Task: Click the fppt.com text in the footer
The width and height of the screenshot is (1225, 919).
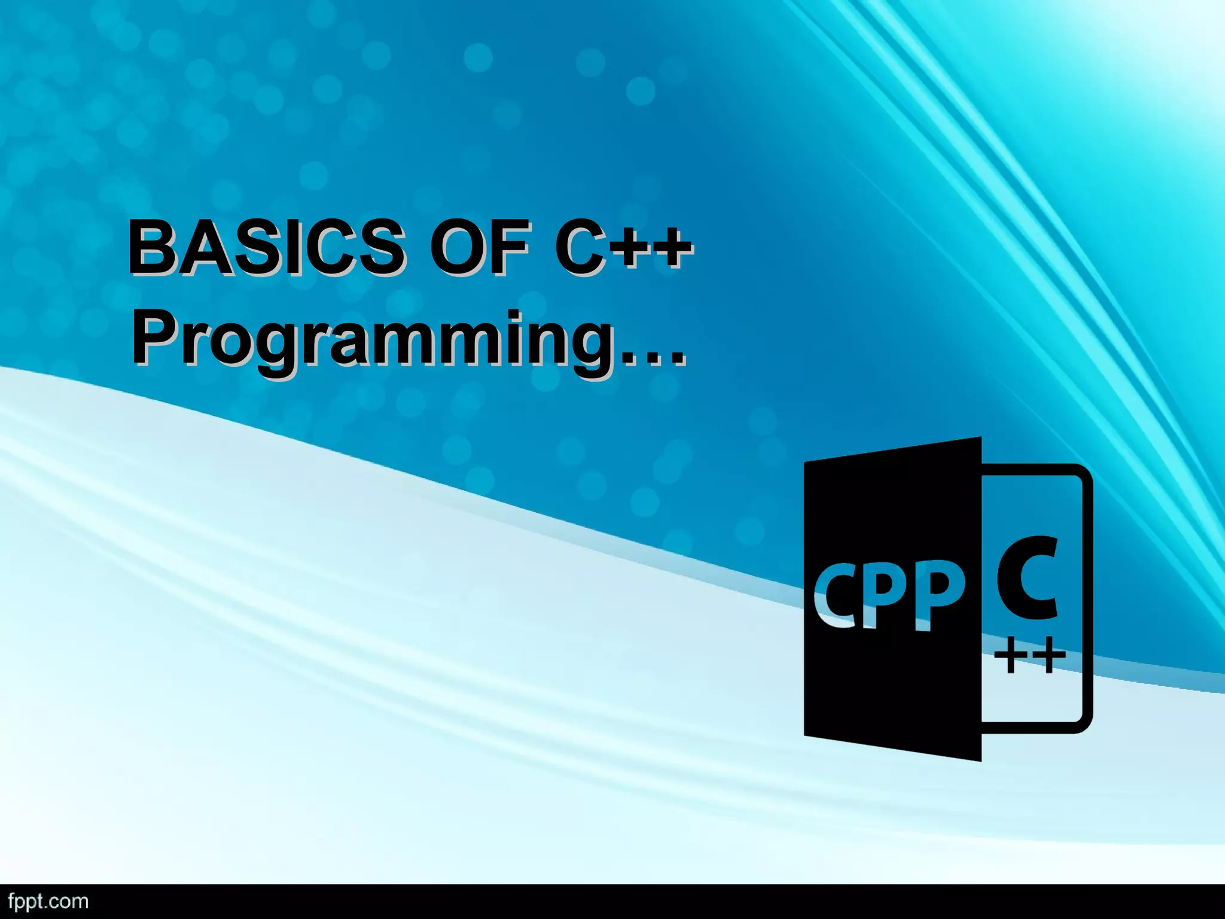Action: pyautogui.click(x=48, y=902)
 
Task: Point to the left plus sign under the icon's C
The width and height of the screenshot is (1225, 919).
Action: pyautogui.click(x=1010, y=656)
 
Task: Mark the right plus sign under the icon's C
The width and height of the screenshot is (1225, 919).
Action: pyautogui.click(x=1048, y=656)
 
